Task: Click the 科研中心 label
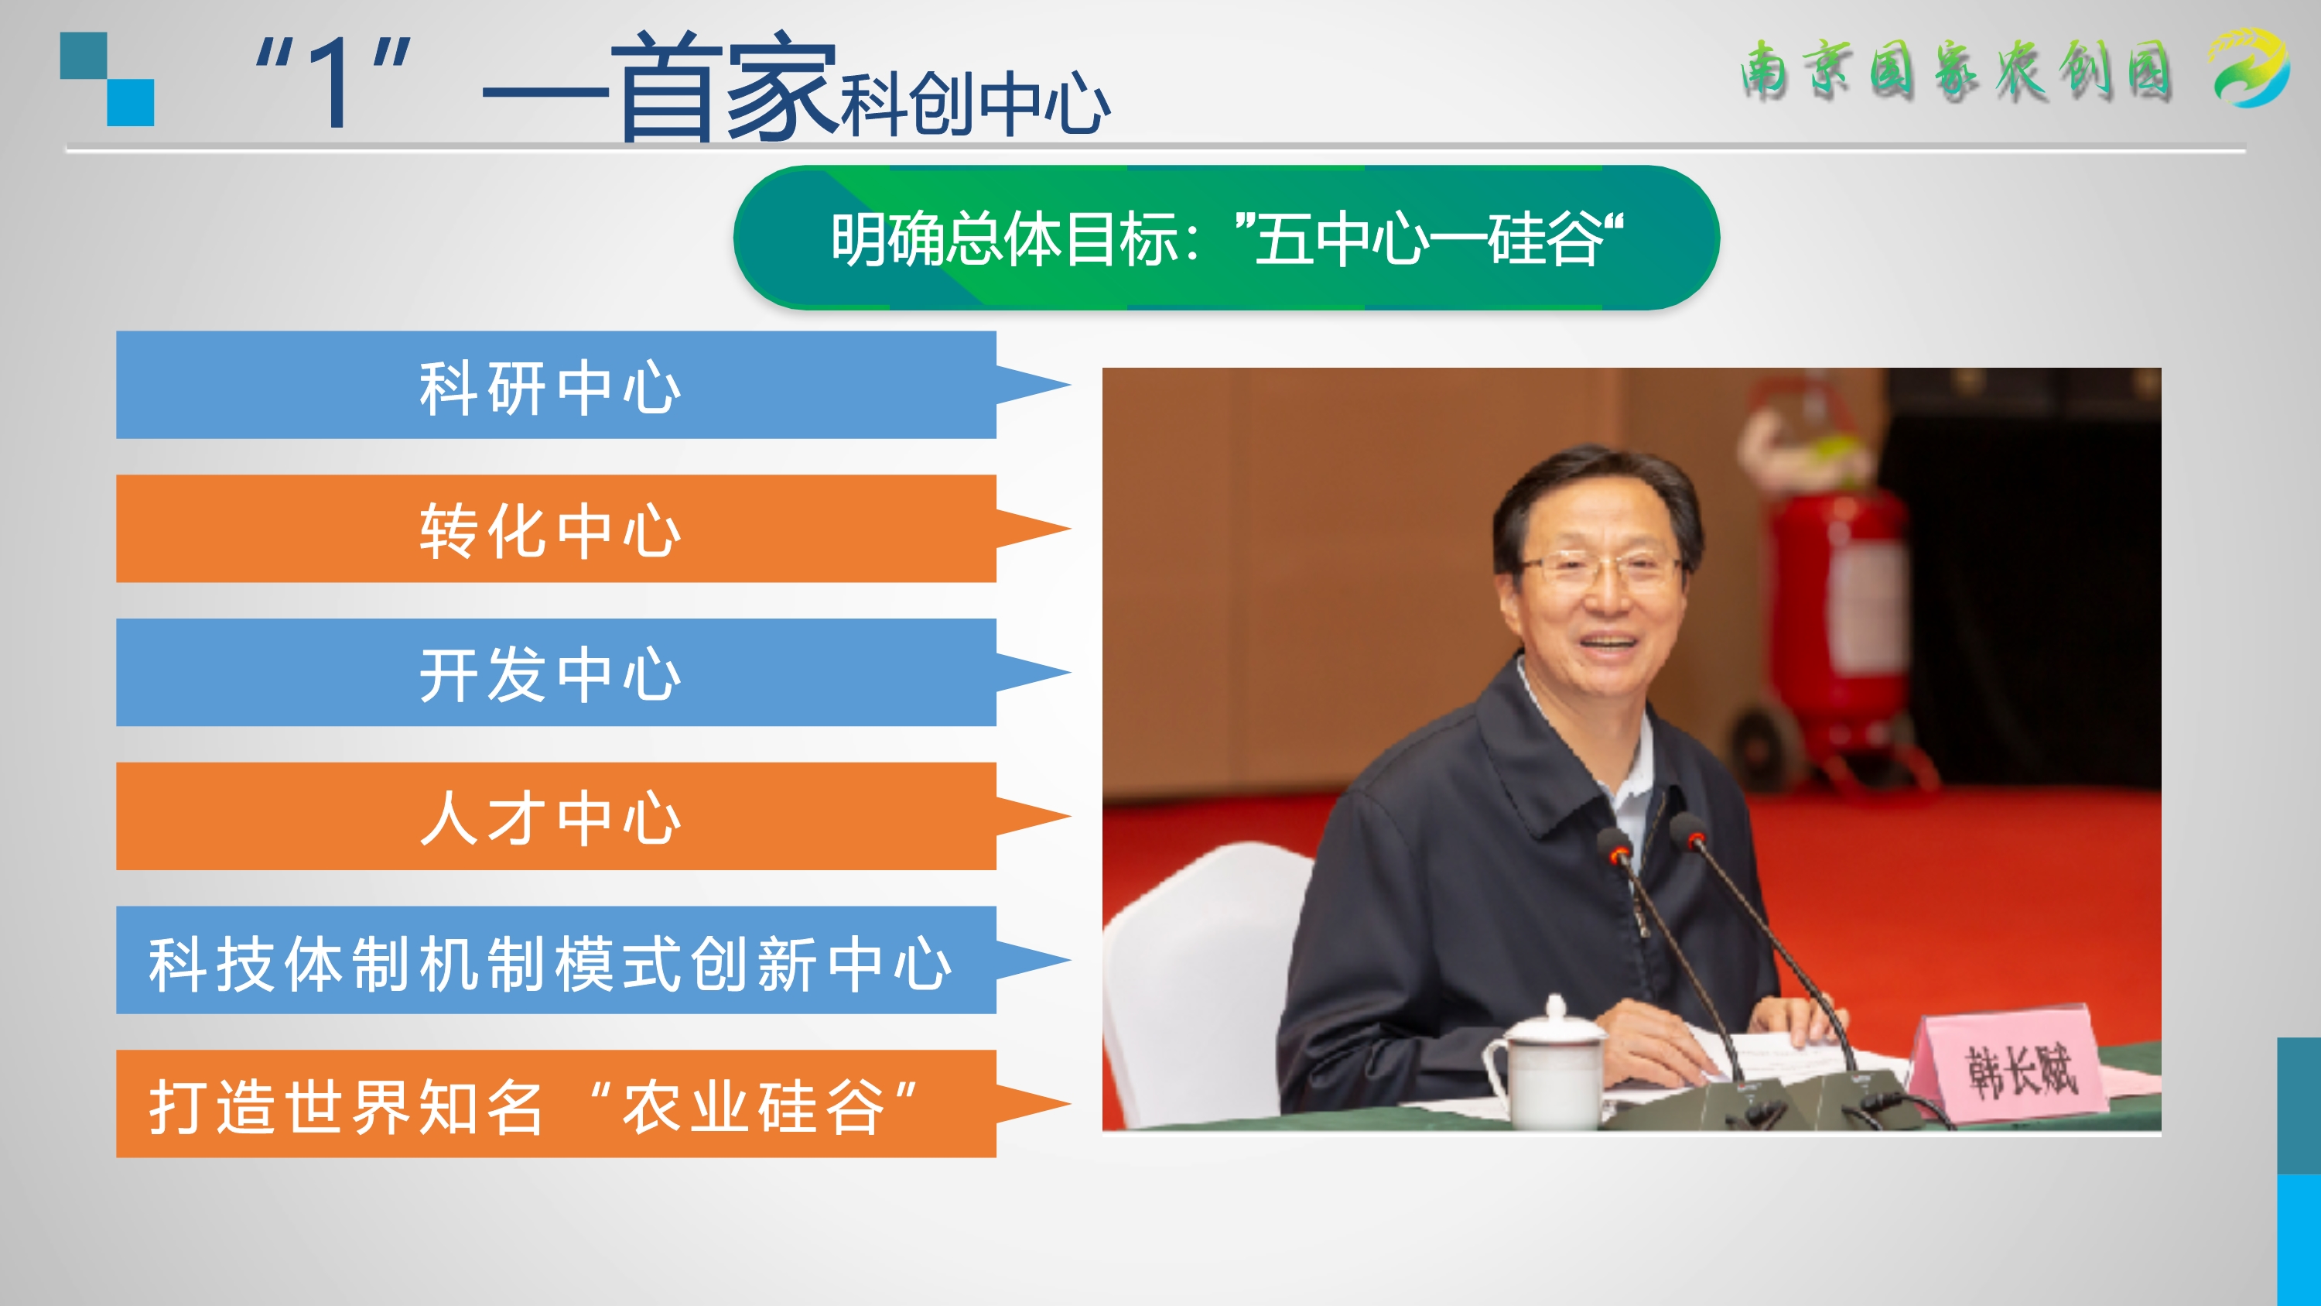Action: [549, 388]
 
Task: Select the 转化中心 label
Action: [549, 531]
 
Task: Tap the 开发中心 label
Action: [549, 674]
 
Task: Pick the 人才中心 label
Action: [549, 818]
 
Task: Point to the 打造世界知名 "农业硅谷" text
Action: [533, 1106]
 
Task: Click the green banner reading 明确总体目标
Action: [1226, 238]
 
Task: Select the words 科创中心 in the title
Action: [976, 104]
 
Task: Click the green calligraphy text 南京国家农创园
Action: [1955, 70]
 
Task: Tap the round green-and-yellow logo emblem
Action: [2250, 67]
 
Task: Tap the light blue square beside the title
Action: [131, 103]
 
